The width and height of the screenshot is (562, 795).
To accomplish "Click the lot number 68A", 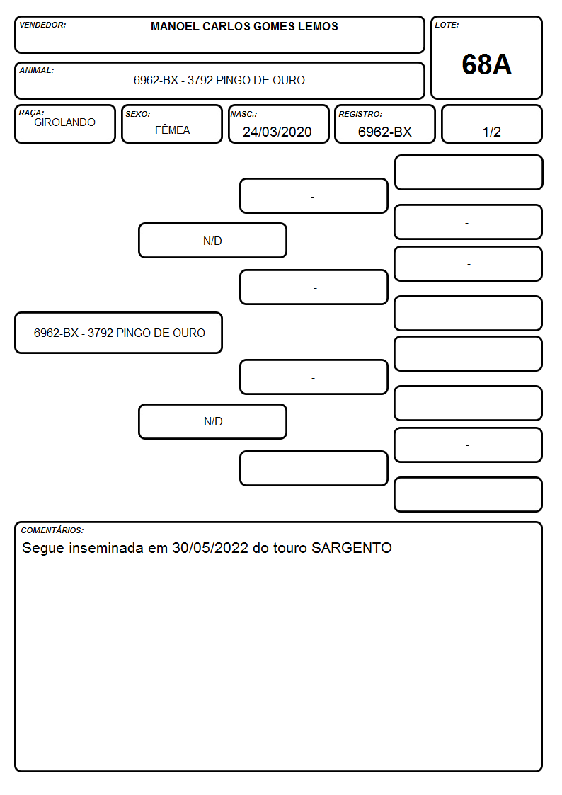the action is coord(486,64).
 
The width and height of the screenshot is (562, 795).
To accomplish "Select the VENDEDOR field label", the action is coord(42,25).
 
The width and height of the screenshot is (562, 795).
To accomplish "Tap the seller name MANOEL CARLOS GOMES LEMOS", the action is coord(244,26).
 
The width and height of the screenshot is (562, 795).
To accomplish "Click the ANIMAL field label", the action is coord(37,71).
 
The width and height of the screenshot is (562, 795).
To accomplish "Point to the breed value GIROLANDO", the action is coord(64,122).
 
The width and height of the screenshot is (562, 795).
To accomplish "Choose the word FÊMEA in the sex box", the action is coord(172,130).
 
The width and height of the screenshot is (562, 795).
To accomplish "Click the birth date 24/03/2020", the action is coord(277,132).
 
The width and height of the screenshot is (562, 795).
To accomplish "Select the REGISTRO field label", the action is coord(360,114).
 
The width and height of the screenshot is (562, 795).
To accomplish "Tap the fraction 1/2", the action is coord(491,132).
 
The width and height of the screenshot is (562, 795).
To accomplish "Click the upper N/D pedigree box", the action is coord(212,240).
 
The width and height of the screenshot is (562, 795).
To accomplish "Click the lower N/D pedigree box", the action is coord(212,421).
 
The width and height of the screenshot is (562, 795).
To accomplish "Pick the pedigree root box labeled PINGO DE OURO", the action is coord(119,333).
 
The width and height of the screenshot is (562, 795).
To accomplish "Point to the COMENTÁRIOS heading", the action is coord(52,530).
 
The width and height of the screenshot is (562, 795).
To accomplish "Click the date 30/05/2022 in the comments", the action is coord(210,548).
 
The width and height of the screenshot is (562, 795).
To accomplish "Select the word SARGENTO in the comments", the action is coord(352,548).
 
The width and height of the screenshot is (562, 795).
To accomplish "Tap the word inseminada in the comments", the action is coord(106,548).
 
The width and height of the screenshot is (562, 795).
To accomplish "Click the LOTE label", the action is coord(447,25).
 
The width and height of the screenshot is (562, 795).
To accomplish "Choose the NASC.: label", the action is coord(243,114).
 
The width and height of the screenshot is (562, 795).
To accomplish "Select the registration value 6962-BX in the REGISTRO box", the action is coord(384,132).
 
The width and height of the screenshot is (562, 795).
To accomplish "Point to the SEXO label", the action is coord(138,114).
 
